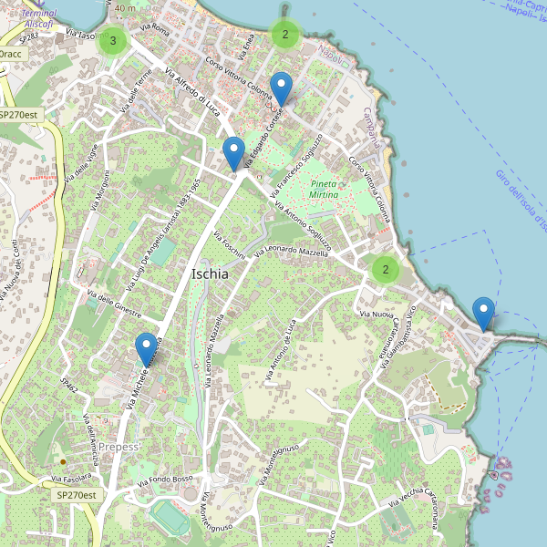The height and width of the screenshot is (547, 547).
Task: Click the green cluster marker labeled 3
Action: coord(112,40)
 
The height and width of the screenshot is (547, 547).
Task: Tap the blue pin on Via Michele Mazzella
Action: coord(146,348)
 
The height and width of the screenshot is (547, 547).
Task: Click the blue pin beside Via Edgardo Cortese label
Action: coord(282,88)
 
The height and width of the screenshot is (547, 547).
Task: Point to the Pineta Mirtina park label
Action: coord(324,190)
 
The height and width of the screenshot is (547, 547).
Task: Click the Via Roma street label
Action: coord(156,30)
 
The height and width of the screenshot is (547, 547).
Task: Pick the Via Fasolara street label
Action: coord(71,477)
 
